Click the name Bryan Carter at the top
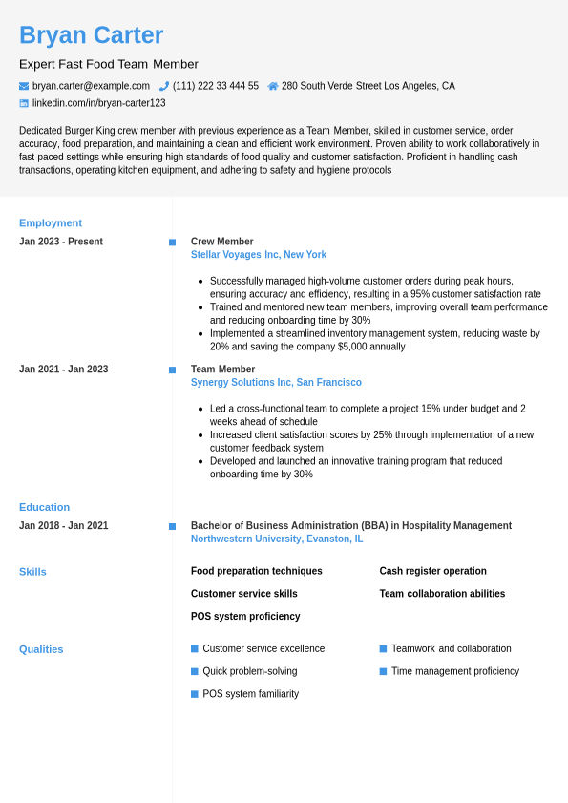coord(91,35)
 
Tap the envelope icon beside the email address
coord(24,86)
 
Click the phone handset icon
coord(164,86)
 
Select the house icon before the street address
coord(273,86)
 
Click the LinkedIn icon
coord(24,103)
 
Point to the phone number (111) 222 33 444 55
coord(216,86)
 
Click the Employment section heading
coord(51,222)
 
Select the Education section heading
coord(44,507)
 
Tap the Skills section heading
coord(32,572)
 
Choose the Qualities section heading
coord(41,649)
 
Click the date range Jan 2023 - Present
coord(61,242)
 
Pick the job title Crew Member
coord(222,242)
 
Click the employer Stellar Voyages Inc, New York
coord(259,255)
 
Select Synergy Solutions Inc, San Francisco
coord(276,382)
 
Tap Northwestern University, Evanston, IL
coord(277,539)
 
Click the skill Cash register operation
coord(432,571)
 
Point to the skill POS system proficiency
coord(245,616)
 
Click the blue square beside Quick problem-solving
coord(195,671)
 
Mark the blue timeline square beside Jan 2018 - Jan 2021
coord(172,526)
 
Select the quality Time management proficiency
coord(455,671)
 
